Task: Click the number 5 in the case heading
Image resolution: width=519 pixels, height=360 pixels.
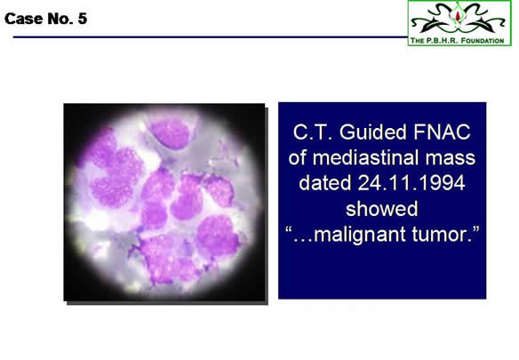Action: point(83,19)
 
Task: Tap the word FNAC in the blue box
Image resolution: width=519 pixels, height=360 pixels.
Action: point(442,132)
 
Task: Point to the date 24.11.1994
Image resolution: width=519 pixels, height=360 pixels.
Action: point(411,183)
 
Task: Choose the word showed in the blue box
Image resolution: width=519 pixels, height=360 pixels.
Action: point(381,209)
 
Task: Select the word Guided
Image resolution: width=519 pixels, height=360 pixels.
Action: point(373,132)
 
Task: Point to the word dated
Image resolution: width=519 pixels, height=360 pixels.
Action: point(325,183)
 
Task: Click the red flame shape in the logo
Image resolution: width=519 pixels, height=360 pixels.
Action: point(458,16)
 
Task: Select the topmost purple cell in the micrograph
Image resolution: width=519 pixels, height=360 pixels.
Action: point(170,133)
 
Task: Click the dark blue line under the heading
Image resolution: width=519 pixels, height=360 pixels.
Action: point(211,37)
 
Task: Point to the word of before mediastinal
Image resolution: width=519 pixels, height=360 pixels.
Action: point(298,157)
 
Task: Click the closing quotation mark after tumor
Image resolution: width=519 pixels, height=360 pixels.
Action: point(475,229)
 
